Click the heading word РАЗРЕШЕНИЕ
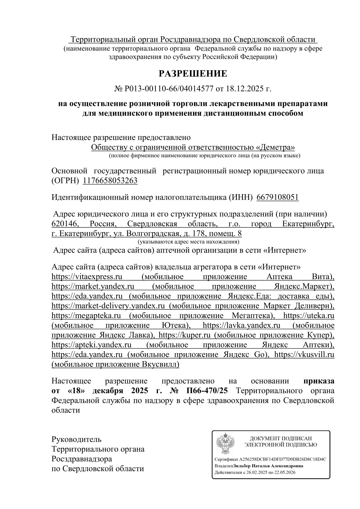click(193, 73)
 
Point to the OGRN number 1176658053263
click(110, 181)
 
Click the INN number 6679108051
click(277, 197)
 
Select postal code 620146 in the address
click(65, 224)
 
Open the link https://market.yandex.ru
click(93, 286)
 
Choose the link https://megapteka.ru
click(86, 316)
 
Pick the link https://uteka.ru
click(309, 316)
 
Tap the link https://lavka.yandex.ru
click(241, 325)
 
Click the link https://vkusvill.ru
click(304, 354)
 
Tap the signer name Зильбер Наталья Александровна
click(268, 466)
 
